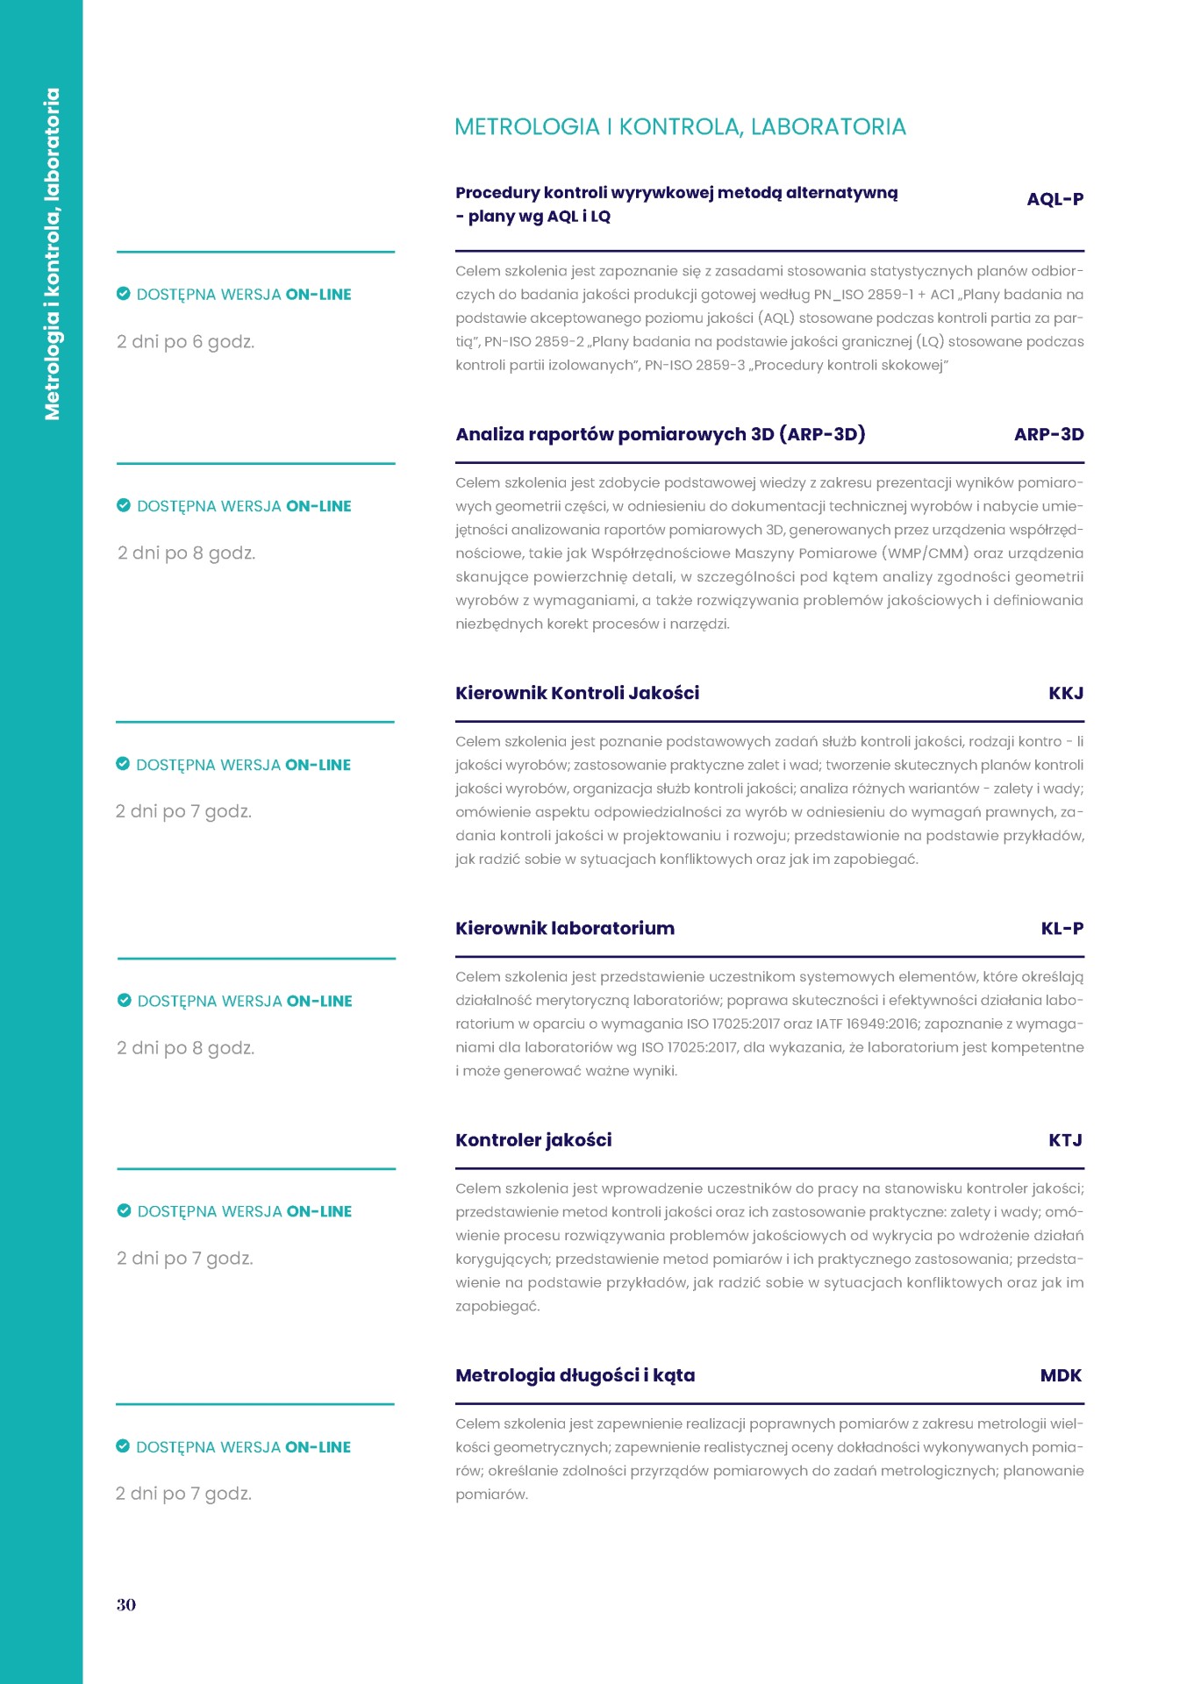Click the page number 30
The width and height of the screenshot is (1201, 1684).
126,1604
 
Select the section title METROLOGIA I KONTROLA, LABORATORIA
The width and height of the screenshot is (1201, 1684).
680,127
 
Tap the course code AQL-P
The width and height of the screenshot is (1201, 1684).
1054,199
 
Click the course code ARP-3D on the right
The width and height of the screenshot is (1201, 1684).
1048,434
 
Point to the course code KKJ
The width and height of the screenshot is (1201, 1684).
1066,693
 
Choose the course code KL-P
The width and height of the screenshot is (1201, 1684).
1062,928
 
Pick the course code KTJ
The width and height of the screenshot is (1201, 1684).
1065,1139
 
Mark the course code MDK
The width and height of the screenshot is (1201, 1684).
1061,1375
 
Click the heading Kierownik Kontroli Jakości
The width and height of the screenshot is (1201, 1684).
577,693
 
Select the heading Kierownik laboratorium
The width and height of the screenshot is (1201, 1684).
565,928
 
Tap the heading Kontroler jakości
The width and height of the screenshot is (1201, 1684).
533,1139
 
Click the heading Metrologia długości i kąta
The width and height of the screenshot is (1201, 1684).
575,1375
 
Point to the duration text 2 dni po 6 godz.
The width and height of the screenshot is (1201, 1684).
186,342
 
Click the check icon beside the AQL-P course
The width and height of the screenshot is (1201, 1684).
124,294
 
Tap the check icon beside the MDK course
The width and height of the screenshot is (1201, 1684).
123,1446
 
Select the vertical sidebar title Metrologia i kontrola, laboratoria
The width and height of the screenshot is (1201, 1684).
53,253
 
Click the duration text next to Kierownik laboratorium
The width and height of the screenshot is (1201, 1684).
186,1048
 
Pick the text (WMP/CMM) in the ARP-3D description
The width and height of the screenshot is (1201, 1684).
926,553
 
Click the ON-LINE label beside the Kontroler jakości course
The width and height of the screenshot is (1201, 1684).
319,1211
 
